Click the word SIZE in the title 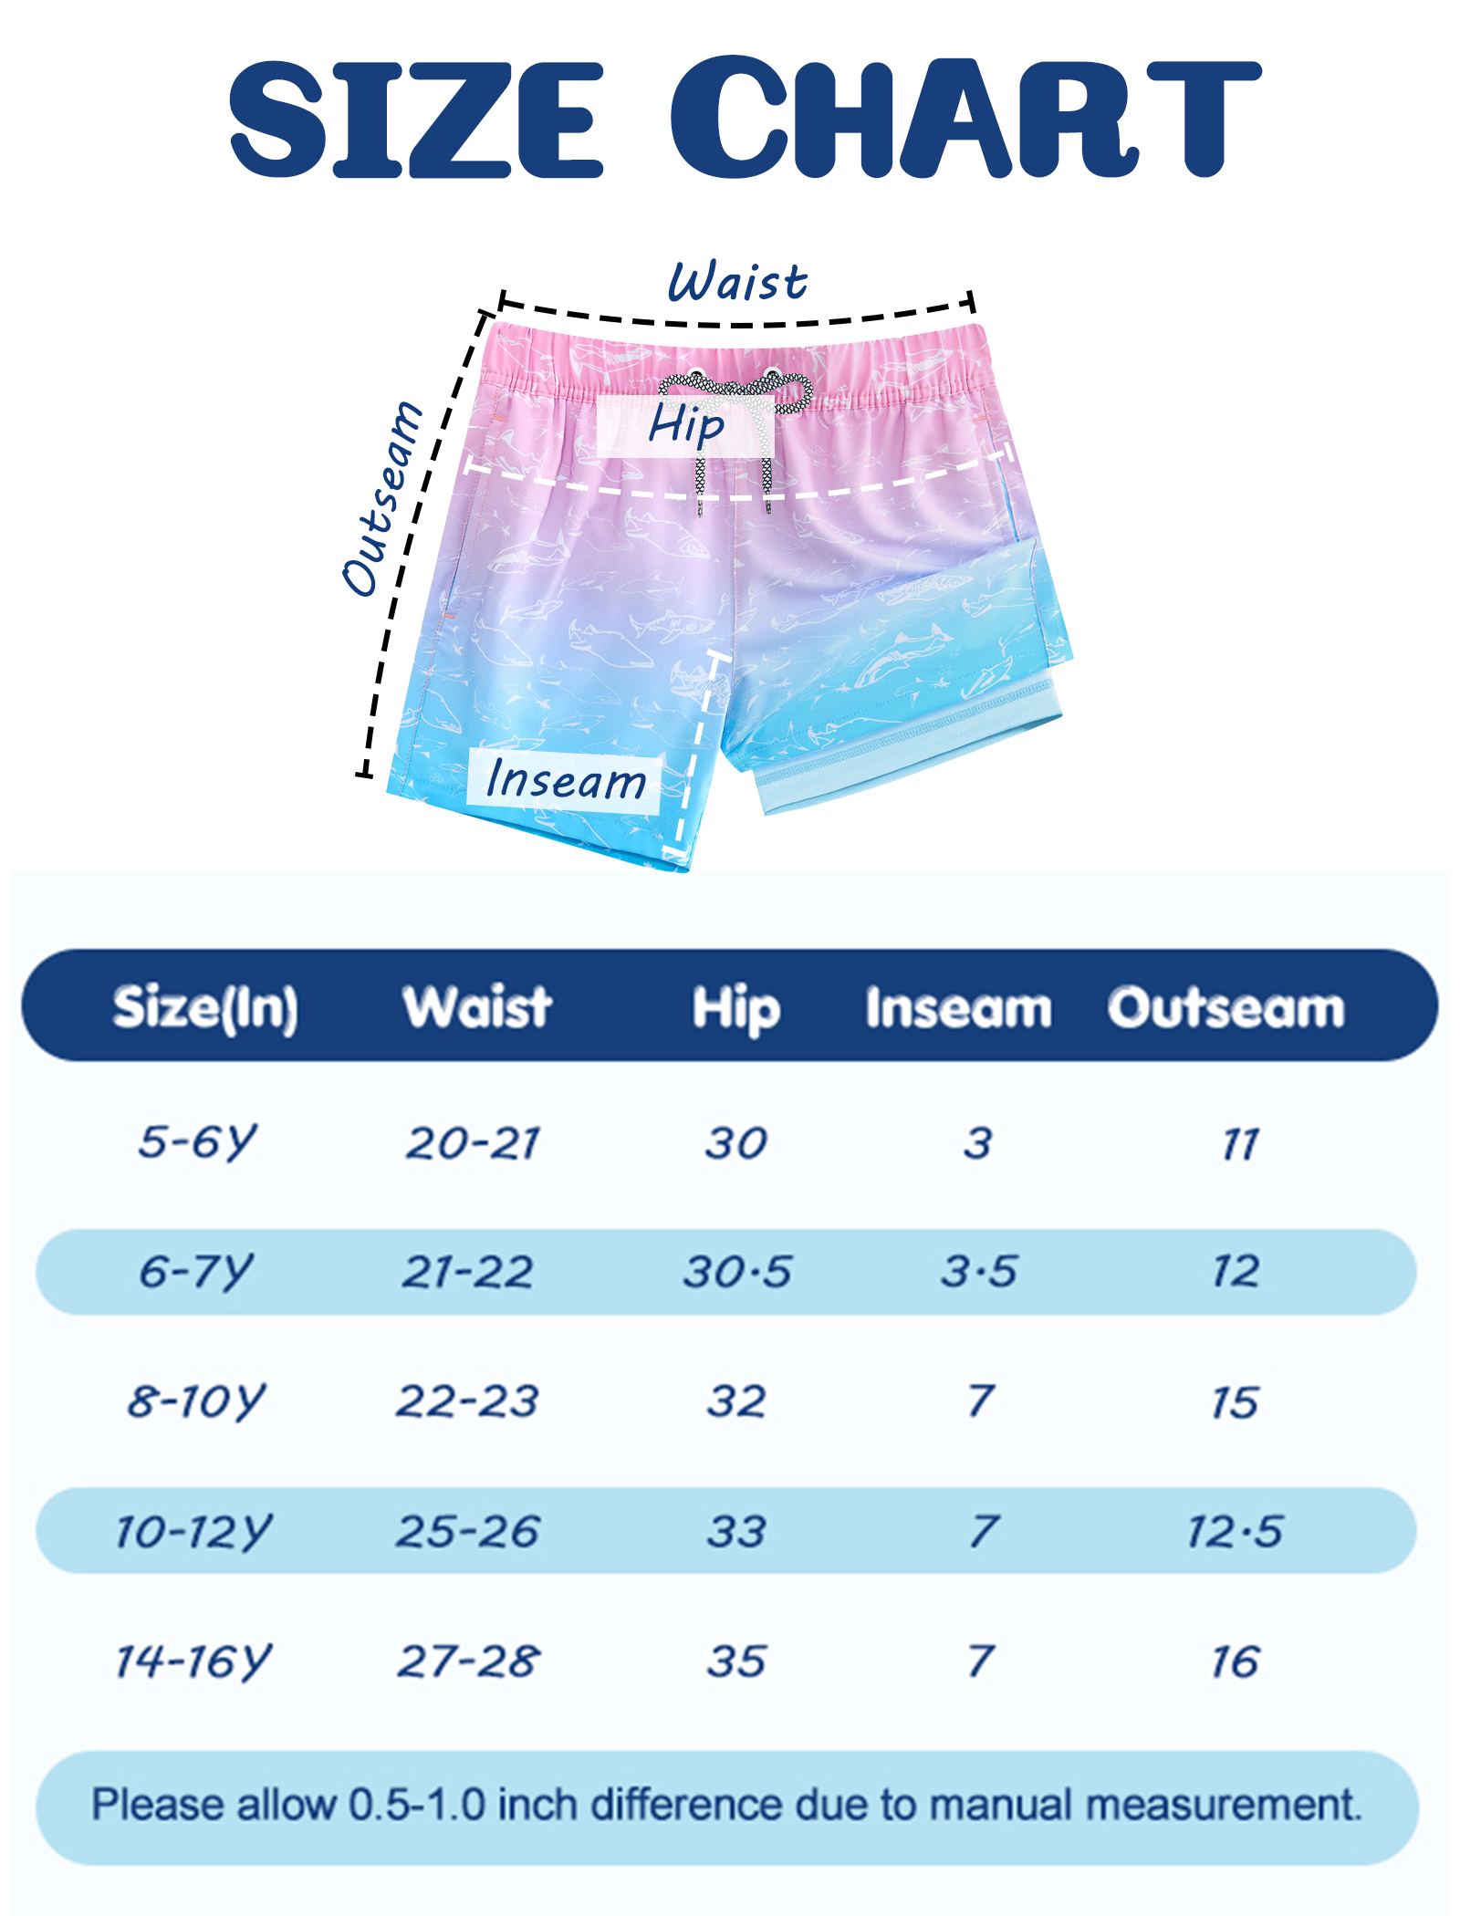[416, 120]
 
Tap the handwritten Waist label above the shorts [737, 281]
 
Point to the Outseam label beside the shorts [382, 497]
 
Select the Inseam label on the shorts [565, 780]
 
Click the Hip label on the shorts [686, 425]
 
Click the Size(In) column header [205, 1009]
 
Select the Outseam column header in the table [1226, 1008]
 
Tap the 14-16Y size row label [193, 1661]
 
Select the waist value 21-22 [468, 1272]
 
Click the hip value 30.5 [737, 1272]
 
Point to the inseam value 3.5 [979, 1272]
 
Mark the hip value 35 [736, 1661]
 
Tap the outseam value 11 [1240, 1144]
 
